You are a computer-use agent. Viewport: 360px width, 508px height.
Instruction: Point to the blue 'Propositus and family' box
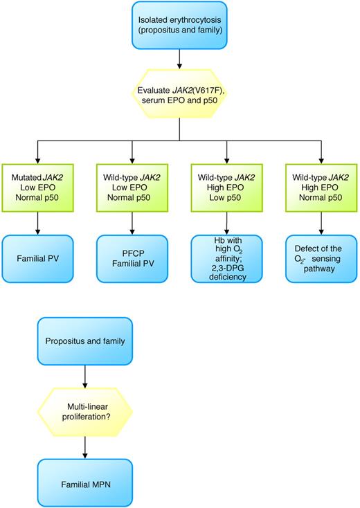click(84, 341)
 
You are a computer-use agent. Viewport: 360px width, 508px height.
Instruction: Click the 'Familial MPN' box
click(84, 480)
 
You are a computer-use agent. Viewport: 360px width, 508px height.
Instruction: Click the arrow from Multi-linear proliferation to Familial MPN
click(84, 446)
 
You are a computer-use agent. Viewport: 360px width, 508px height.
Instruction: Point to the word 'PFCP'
click(132, 253)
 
